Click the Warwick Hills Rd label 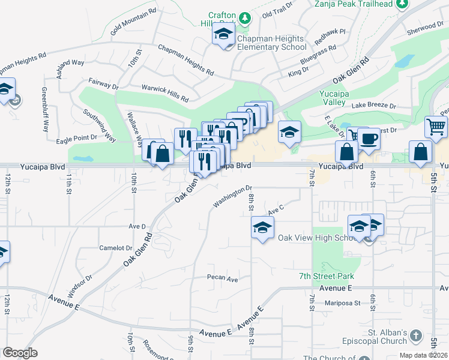click(164, 92)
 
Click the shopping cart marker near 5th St click(436, 127)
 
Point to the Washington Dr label click(232, 197)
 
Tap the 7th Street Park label click(327, 276)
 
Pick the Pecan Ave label click(223, 278)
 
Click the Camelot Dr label click(115, 247)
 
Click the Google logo click(20, 353)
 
